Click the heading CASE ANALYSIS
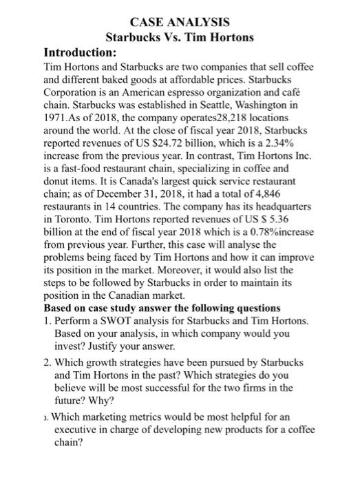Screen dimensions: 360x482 pos(180,21)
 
